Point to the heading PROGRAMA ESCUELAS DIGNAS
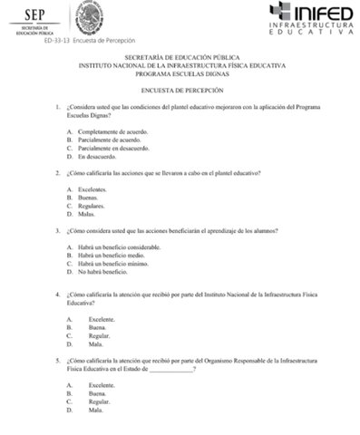(x=181, y=72)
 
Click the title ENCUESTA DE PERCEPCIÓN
(x=181, y=91)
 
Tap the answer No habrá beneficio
(x=102, y=272)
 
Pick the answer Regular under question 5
(x=99, y=401)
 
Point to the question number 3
(x=58, y=230)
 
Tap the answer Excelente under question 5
(x=102, y=385)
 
